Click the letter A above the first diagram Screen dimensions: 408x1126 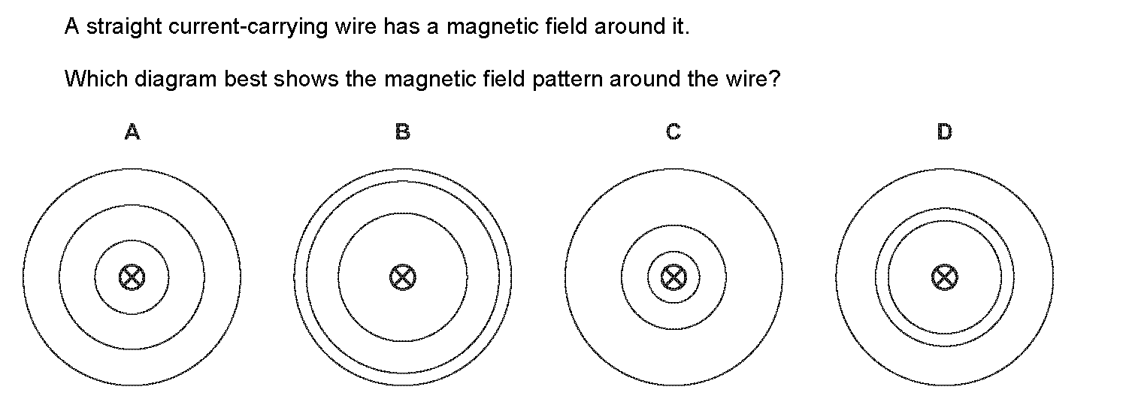[x=132, y=132]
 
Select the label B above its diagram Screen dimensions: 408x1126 [x=403, y=132]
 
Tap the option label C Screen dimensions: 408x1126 [x=673, y=132]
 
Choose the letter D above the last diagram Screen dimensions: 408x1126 [x=944, y=132]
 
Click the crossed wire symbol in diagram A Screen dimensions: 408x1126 [x=132, y=278]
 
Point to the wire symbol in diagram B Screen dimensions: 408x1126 [x=403, y=278]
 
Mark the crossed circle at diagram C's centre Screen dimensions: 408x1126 [x=673, y=278]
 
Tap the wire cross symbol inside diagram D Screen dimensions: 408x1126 [x=944, y=278]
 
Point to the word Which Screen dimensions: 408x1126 [x=95, y=78]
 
